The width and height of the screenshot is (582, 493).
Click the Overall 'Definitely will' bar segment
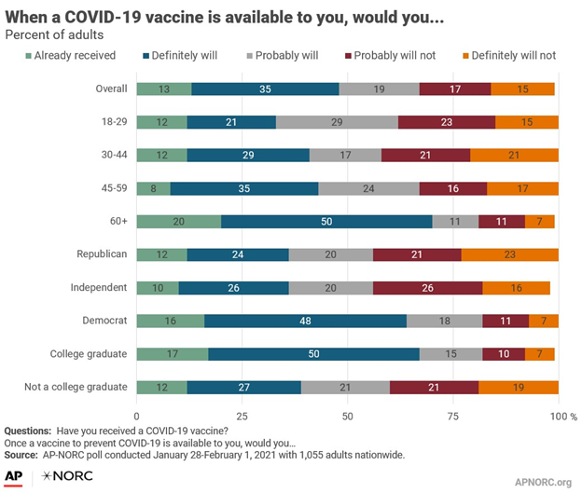coord(266,89)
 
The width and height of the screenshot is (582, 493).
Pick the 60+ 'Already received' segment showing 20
coord(179,222)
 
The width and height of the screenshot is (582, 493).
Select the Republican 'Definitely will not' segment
coord(510,254)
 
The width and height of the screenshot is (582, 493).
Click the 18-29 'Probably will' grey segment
coord(337,122)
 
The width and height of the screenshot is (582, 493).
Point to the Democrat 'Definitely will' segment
coord(305,321)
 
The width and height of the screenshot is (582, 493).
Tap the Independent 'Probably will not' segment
coord(427,288)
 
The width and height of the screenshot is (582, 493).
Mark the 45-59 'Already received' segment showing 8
coord(153,188)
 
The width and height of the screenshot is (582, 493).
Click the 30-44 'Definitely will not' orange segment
coord(514,155)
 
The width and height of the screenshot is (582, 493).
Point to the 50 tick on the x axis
coord(348,414)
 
